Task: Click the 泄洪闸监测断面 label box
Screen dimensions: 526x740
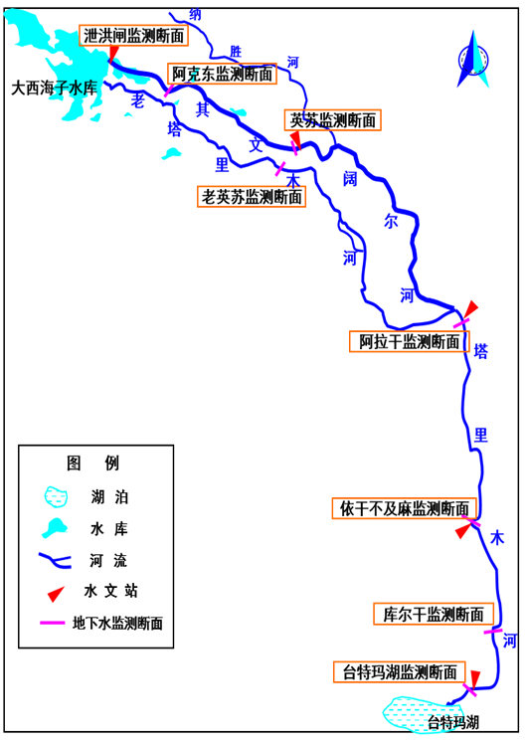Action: pos(133,36)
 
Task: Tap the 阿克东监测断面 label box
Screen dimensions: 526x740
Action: pos(222,74)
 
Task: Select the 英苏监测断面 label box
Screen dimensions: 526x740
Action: pos(332,120)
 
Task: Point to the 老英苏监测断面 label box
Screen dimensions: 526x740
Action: pos(252,196)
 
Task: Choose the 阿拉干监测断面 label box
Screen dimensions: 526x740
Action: pos(409,341)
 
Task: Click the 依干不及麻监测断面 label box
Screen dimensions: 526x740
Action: pos(405,508)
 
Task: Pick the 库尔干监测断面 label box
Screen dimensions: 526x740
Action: pos(434,614)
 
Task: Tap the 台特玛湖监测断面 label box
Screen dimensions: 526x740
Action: pos(400,672)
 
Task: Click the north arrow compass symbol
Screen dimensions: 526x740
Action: pos(473,60)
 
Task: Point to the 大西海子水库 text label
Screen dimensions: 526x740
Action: pos(55,89)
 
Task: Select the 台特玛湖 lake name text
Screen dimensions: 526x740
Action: pos(453,721)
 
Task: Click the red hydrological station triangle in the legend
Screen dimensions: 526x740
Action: pos(56,594)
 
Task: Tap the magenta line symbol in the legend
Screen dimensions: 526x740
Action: pos(53,623)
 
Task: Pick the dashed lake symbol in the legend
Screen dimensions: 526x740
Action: pos(56,497)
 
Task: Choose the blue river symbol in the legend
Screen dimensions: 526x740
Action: pos(55,561)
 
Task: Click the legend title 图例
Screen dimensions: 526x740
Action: pos(92,463)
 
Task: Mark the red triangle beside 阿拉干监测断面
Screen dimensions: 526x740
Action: pos(470,309)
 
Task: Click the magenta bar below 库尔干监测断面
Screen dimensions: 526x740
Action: pos(493,631)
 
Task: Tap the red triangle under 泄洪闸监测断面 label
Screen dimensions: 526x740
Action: pos(113,54)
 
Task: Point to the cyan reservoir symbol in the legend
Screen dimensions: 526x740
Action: pos(55,528)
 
